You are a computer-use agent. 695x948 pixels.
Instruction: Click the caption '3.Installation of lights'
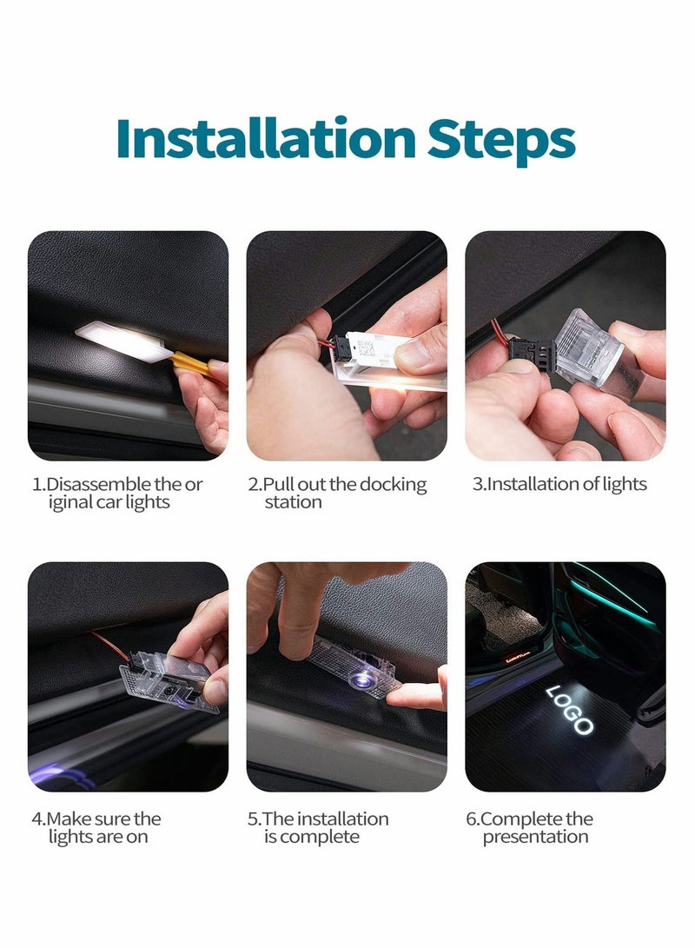(559, 484)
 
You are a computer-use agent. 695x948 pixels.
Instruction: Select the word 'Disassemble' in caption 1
(98, 484)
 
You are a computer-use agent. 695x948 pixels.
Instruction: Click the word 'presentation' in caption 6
(535, 837)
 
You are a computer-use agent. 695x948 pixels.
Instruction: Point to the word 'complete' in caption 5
(319, 837)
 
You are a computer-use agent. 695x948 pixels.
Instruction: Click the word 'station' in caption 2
(293, 502)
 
